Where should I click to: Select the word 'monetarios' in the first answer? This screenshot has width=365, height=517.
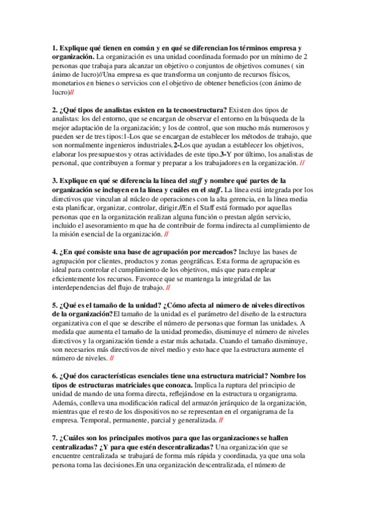(x=69, y=83)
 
